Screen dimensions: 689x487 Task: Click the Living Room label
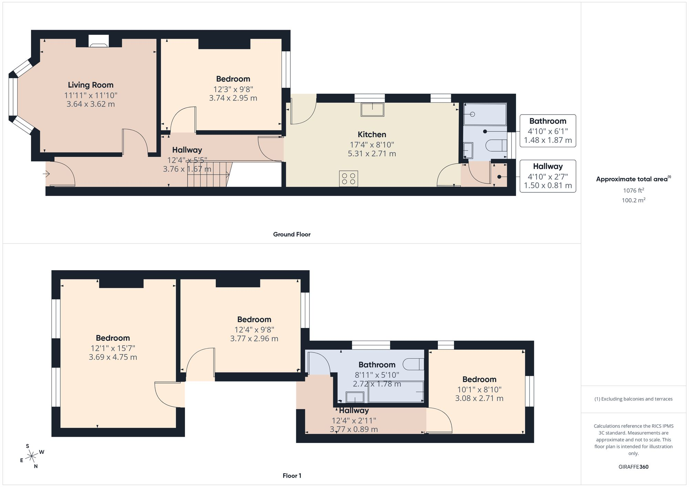click(x=91, y=85)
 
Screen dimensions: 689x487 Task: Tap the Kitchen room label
click(x=372, y=135)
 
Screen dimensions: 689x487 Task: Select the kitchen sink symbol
click(x=372, y=109)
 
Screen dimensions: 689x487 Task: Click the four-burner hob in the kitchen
click(x=348, y=179)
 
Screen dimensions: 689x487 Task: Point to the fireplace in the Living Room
click(x=99, y=41)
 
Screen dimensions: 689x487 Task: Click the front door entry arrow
click(x=46, y=174)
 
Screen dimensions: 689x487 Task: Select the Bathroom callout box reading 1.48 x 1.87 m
click(x=548, y=131)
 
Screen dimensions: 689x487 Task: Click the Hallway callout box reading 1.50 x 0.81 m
click(x=548, y=176)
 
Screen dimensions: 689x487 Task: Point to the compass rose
click(x=32, y=456)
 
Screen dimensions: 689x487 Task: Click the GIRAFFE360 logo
click(x=633, y=467)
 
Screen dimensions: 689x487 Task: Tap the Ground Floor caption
click(x=292, y=234)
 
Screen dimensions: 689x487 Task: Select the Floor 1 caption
click(x=292, y=476)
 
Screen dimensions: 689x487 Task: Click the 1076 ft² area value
click(x=634, y=190)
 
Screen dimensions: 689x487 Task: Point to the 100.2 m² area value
click(x=634, y=200)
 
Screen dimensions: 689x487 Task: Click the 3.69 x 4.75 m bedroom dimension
click(x=113, y=357)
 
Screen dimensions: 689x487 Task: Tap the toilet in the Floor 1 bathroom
click(x=413, y=364)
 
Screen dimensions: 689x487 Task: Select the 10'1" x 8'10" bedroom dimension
click(x=479, y=390)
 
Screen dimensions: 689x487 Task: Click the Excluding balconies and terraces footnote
click(x=634, y=399)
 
